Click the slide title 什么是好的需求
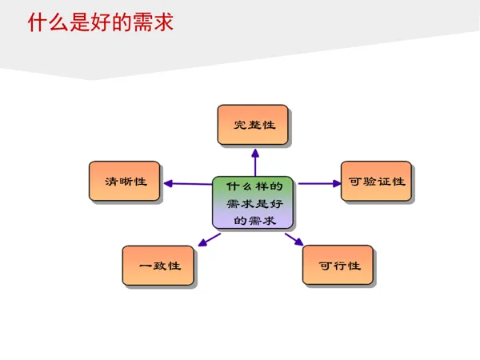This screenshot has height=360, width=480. (x=100, y=22)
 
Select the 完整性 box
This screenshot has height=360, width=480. (x=253, y=125)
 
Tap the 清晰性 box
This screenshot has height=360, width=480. (x=124, y=182)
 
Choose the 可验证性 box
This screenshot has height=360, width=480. (x=377, y=182)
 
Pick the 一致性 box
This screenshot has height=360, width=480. (x=158, y=266)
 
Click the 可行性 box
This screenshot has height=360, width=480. (x=338, y=266)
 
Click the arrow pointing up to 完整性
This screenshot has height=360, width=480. (x=254, y=160)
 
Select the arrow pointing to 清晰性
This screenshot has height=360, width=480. (x=188, y=183)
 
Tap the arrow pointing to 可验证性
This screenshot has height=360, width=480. (x=318, y=183)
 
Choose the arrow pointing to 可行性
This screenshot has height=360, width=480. (x=294, y=238)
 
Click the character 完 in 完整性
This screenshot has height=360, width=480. (x=239, y=126)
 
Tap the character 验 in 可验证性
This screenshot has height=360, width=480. (x=369, y=182)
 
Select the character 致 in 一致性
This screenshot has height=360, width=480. (x=158, y=266)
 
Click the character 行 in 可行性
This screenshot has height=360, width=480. (x=338, y=266)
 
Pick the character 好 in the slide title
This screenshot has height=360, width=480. (x=100, y=22)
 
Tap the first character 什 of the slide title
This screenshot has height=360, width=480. (x=37, y=22)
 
